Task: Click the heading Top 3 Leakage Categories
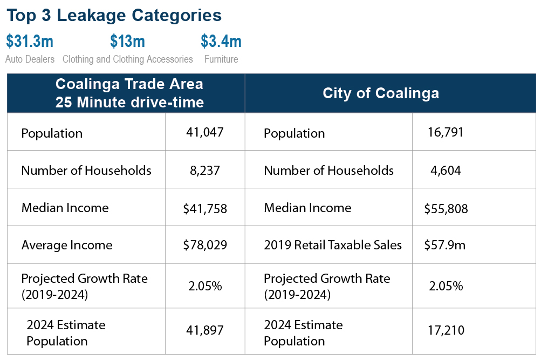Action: [114, 15]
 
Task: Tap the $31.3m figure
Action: [30, 42]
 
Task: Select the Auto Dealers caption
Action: [30, 59]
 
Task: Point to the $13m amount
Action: [127, 42]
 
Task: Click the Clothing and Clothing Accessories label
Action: [127, 59]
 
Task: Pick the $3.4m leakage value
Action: [221, 42]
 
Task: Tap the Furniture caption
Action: [221, 59]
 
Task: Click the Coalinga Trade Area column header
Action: [129, 93]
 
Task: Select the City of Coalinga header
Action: [381, 93]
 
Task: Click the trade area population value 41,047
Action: [205, 132]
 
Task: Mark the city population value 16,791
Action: [446, 132]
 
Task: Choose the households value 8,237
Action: [205, 171]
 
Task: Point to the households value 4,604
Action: [446, 171]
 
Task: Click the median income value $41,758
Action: [205, 208]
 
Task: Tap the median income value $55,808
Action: [446, 209]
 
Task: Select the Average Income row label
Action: [67, 246]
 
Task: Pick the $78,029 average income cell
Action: [205, 246]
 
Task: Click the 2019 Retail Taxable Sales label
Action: [333, 246]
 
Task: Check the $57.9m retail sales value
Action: [446, 246]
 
